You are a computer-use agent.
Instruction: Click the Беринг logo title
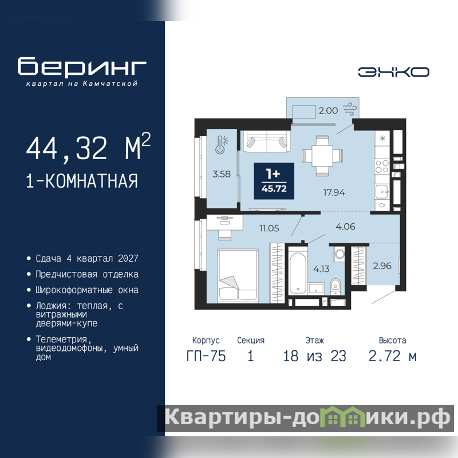[x=82, y=66]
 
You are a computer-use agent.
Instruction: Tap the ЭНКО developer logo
[x=393, y=72]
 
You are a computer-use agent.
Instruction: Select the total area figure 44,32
[x=67, y=149]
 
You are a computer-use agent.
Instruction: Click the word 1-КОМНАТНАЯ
[x=82, y=181]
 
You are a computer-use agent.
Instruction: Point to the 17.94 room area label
[x=334, y=192]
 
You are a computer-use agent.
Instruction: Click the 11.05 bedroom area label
[x=269, y=228]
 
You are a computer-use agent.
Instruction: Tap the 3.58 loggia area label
[x=222, y=174]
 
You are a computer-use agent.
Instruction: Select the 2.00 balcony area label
[x=328, y=110]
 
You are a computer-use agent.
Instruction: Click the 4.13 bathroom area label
[x=321, y=269]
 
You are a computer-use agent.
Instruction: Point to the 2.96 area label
[x=382, y=266]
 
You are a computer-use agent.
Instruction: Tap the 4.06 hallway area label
[x=345, y=226]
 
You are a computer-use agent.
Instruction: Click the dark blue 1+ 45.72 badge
[x=274, y=181]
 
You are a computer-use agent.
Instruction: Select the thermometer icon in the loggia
[x=222, y=144]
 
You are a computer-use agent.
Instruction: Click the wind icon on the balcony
[x=350, y=109]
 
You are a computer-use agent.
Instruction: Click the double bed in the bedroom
[x=238, y=275]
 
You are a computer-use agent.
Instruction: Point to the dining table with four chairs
[x=322, y=156]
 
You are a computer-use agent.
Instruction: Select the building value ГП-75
[x=206, y=356]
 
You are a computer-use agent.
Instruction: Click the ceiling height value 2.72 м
[x=392, y=356]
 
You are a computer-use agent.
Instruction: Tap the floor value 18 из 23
[x=314, y=356]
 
